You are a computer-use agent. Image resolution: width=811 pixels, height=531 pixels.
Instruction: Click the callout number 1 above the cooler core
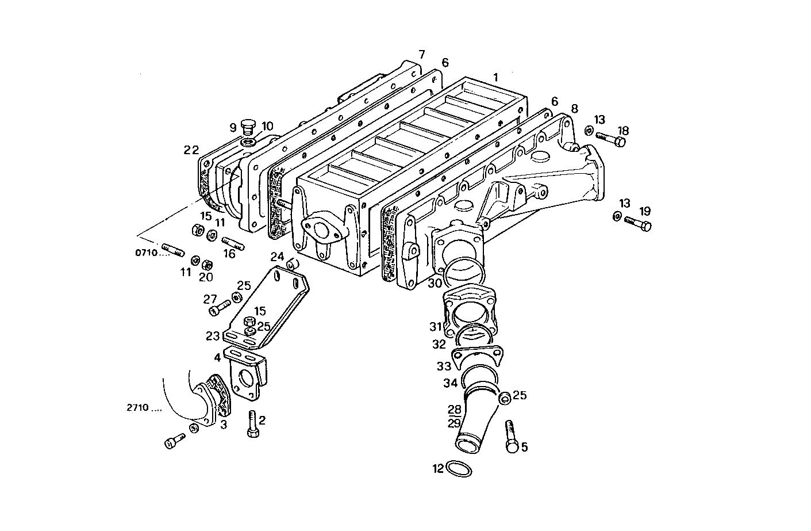tap(495, 77)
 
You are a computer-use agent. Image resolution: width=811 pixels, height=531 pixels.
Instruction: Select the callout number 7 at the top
tap(421, 55)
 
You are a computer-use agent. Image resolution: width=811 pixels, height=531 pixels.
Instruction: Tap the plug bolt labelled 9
tap(248, 126)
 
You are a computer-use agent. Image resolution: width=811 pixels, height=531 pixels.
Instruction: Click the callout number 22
tap(191, 150)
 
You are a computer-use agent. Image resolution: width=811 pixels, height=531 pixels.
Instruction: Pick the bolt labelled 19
tap(637, 223)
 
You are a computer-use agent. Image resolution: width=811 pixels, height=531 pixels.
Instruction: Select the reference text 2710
tap(138, 408)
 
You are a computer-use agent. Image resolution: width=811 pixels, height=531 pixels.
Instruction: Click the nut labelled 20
tap(208, 264)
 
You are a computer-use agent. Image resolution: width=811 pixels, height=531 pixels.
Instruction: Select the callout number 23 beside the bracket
tap(213, 336)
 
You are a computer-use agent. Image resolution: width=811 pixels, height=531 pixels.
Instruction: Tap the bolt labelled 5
tap(511, 436)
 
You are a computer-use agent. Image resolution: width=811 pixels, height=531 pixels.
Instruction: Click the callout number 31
tap(435, 327)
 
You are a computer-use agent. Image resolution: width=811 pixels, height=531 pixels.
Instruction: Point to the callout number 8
tap(574, 108)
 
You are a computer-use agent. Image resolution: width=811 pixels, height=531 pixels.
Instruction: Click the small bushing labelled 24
tap(292, 264)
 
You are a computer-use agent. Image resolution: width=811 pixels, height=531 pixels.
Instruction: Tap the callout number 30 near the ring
tap(435, 283)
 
